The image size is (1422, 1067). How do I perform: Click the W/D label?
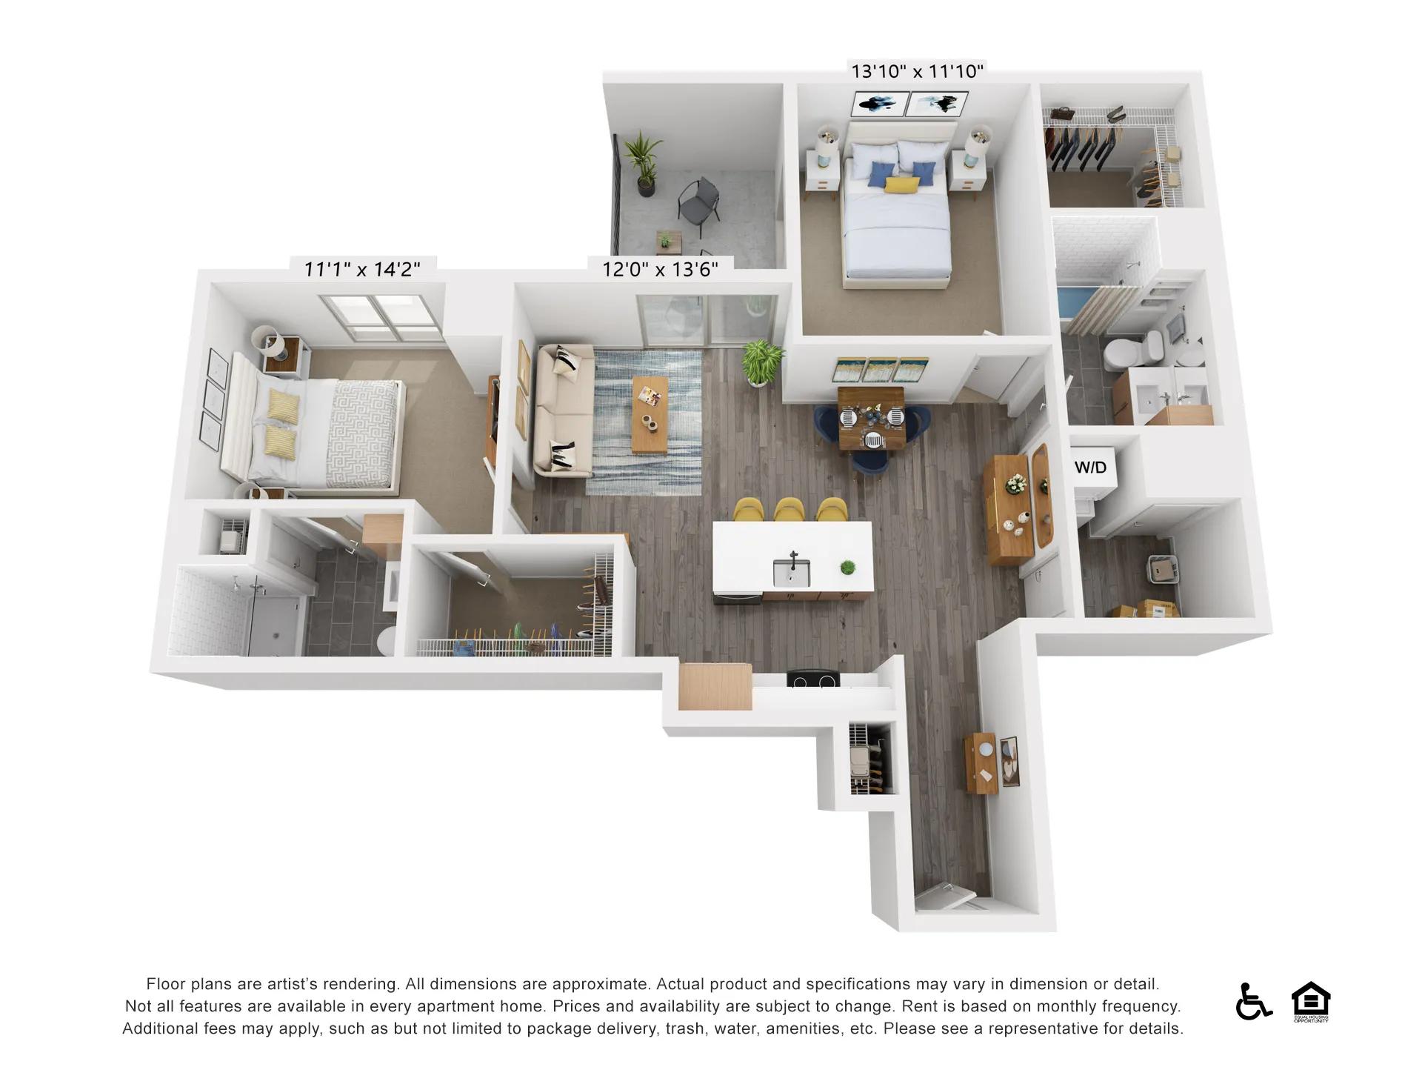coord(1090,467)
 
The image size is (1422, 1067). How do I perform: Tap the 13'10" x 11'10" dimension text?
coord(917,71)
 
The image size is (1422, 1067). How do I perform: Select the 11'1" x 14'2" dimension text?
coord(362,268)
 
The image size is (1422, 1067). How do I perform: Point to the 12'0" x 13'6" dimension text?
coord(660,268)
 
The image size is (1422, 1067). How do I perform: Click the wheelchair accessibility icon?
coord(1253,1001)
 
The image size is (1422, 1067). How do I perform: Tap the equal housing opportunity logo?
coord(1311,1002)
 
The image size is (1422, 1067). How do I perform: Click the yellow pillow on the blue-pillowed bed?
coord(898,185)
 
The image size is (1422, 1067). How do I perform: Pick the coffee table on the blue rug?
coord(650,415)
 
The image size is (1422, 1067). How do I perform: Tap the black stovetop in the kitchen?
coord(813,679)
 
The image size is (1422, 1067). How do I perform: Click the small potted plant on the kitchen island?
coord(847,568)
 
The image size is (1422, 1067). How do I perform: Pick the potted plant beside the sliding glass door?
coord(761,362)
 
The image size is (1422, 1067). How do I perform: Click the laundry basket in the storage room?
coord(1161,568)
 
